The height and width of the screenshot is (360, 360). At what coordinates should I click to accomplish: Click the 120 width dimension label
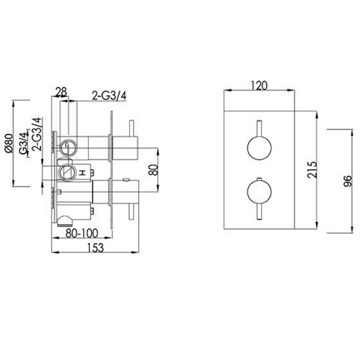[259, 86]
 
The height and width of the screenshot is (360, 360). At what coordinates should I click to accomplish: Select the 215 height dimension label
[312, 170]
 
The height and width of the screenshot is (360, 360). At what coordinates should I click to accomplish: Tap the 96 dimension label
[347, 181]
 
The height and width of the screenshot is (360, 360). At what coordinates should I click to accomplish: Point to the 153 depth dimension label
[95, 248]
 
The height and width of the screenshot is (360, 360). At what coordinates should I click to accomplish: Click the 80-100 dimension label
[82, 233]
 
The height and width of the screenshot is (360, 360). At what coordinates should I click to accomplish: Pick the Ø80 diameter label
[10, 143]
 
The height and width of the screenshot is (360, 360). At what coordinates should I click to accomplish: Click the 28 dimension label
[61, 92]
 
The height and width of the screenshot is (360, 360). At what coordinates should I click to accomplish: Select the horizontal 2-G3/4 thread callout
[109, 96]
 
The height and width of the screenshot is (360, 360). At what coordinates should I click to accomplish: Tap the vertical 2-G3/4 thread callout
[37, 134]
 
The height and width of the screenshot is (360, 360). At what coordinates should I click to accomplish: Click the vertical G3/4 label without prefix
[23, 142]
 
